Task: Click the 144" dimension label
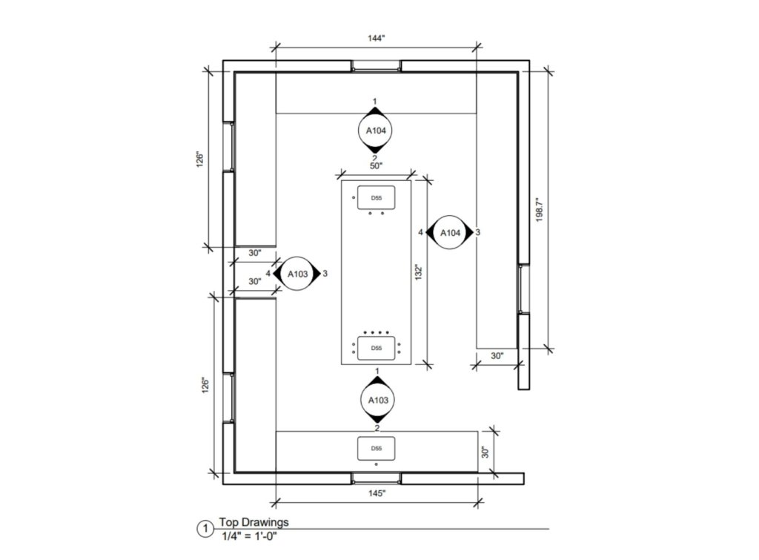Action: [x=375, y=38]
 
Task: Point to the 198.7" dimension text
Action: [x=540, y=210]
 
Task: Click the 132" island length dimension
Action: [x=419, y=272]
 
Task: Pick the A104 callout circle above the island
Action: [x=375, y=131]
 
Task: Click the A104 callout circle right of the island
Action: [x=450, y=233]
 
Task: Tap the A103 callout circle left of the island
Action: [x=297, y=274]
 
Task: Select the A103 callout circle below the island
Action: [x=376, y=401]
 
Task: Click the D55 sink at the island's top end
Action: [x=376, y=197]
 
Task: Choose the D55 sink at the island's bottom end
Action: [x=376, y=347]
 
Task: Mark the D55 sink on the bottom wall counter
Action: [x=376, y=449]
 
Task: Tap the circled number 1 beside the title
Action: [x=205, y=529]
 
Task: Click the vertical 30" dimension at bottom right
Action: [x=486, y=452]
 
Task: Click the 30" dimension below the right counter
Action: [x=497, y=356]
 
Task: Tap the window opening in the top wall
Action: [x=376, y=66]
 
